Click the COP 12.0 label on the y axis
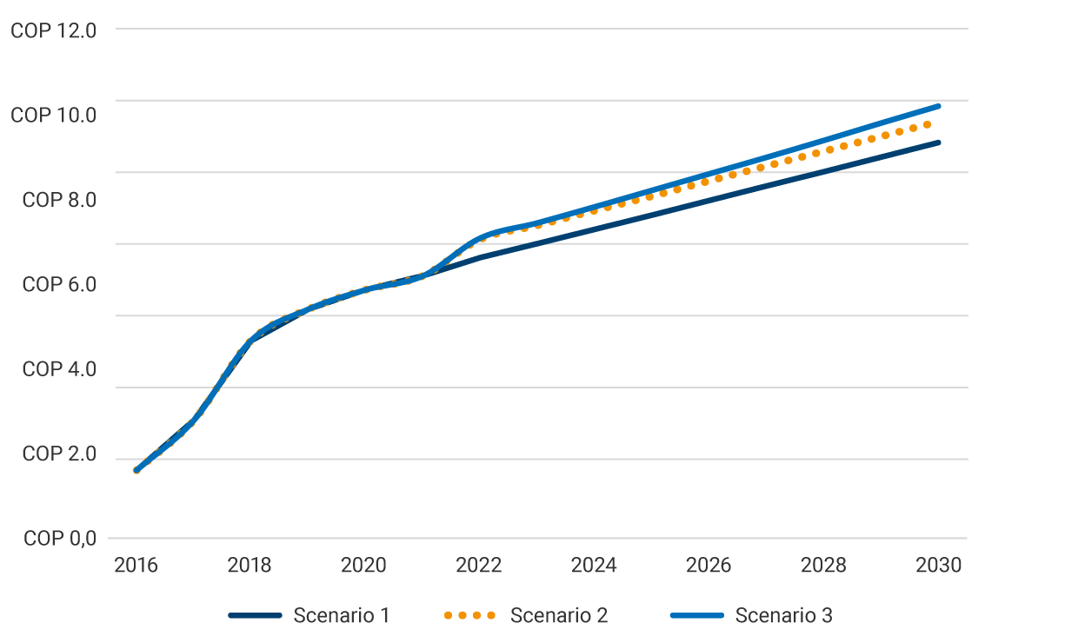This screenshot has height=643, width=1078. click(x=53, y=30)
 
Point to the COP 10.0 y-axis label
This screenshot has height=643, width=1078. click(x=53, y=115)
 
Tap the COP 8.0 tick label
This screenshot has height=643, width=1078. click(x=59, y=200)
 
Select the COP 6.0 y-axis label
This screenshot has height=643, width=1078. click(x=59, y=284)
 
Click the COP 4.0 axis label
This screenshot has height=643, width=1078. click(x=59, y=369)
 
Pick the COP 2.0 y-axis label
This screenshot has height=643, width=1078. click(x=59, y=454)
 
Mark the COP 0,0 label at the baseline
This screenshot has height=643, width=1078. click(x=59, y=539)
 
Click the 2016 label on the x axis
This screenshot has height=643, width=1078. click(x=136, y=566)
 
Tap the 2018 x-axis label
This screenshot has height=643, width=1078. click(x=250, y=566)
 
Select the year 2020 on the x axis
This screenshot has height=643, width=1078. click(x=364, y=566)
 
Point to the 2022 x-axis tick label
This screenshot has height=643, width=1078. click(x=479, y=566)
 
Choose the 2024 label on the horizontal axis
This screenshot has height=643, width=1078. click(x=594, y=566)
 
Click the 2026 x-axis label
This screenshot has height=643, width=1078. click(x=709, y=566)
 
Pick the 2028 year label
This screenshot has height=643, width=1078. click(x=823, y=566)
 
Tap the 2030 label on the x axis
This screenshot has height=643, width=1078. click(x=938, y=566)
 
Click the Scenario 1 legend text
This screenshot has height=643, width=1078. click(x=341, y=616)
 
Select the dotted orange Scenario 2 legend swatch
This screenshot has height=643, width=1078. click(x=469, y=616)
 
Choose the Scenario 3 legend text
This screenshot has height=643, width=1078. click(x=783, y=616)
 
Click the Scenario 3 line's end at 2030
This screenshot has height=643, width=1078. click(x=938, y=106)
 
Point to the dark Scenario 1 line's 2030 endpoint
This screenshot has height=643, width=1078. click(x=938, y=143)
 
